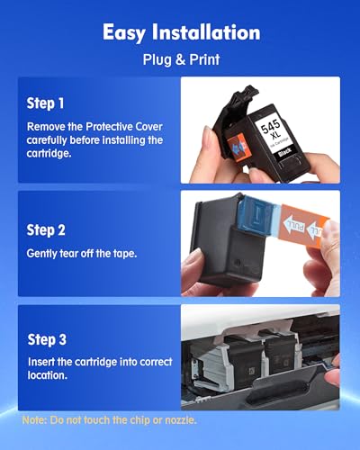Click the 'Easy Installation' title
[x=180, y=33]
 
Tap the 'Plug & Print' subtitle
[x=180, y=62]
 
